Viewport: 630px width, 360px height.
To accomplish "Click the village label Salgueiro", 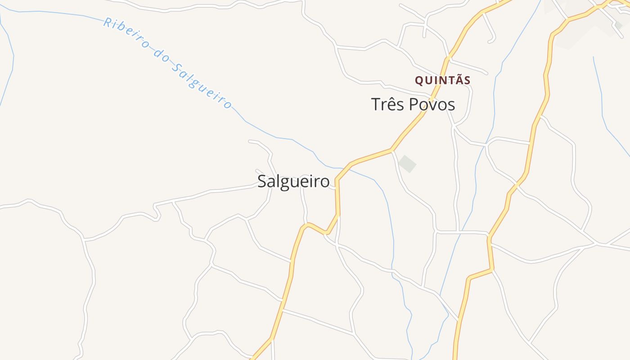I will coord(293,181).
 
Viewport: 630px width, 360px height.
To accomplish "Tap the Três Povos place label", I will coord(413,104).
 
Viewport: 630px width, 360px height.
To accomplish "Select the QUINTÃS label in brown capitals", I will coord(442,81).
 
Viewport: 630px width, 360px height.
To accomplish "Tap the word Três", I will coord(387,104).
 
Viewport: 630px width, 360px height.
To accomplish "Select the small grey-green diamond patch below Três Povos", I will coord(407,163).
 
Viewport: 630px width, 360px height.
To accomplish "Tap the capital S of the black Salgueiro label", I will coord(262,181).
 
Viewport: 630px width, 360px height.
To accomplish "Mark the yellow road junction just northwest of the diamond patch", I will coord(392,149).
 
